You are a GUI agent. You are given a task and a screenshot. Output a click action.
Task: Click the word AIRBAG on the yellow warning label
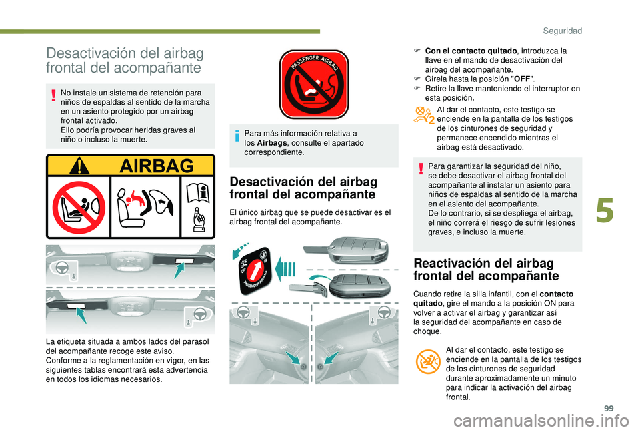pyautogui.click(x=157, y=166)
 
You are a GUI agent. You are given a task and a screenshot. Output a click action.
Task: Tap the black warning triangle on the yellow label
pyautogui.click(x=79, y=166)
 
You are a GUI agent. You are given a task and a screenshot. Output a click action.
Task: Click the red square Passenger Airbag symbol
pyautogui.click(x=314, y=85)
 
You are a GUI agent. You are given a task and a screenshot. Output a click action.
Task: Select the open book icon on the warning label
pyautogui.click(x=198, y=193)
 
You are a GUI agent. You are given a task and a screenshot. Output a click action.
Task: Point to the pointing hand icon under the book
pyautogui.click(x=199, y=220)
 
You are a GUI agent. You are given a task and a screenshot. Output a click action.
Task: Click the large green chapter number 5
pyautogui.click(x=605, y=210)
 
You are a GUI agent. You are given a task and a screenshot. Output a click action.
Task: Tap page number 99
pyautogui.click(x=609, y=408)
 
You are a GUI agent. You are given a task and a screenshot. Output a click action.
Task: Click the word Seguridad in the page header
pyautogui.click(x=563, y=31)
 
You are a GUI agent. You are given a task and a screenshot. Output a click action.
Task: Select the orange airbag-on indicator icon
pyautogui.click(x=428, y=361)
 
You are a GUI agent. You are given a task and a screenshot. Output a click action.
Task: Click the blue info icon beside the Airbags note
pyautogui.click(x=237, y=136)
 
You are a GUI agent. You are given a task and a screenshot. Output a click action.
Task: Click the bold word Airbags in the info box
pyautogui.click(x=272, y=143)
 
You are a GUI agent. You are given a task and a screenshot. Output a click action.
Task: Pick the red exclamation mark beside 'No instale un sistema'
pyautogui.click(x=53, y=95)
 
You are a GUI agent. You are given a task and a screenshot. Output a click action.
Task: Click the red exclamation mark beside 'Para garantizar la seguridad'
pyautogui.click(x=421, y=168)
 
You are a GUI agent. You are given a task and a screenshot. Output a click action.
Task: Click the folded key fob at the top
pyautogui.click(x=347, y=250)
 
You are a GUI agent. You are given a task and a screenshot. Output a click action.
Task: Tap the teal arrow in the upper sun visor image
pyautogui.click(x=179, y=270)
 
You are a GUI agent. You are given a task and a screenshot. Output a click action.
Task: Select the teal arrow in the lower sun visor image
pyautogui.click(x=81, y=315)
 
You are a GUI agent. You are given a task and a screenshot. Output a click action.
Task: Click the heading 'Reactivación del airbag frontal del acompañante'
pyautogui.click(x=486, y=270)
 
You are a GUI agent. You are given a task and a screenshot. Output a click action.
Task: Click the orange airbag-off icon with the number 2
pyautogui.click(x=424, y=115)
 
